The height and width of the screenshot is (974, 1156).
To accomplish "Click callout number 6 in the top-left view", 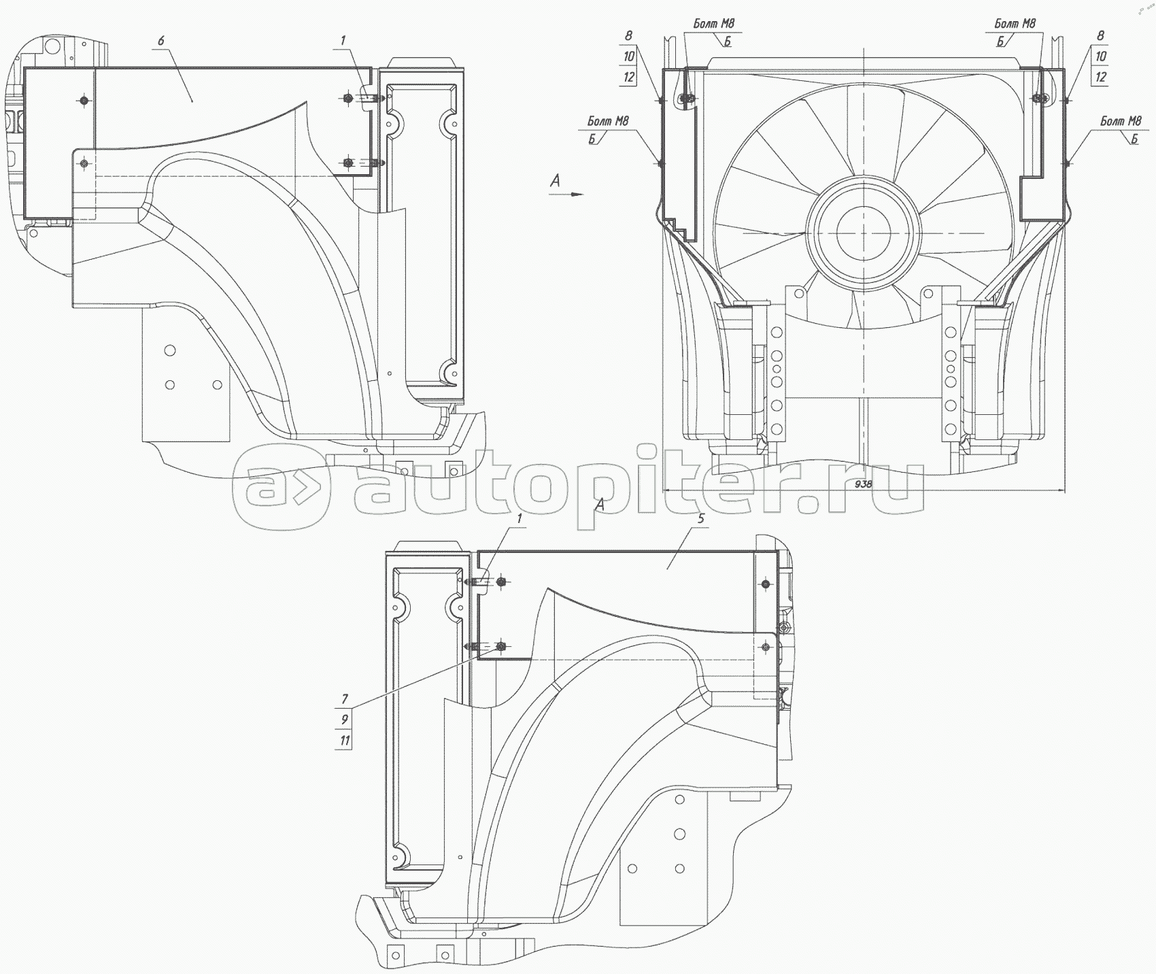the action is pos(161,41).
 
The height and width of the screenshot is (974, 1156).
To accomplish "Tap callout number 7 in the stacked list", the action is pos(345,699).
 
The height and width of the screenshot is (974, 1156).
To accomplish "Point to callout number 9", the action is pos(345,720).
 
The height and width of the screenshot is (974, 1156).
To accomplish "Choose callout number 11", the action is pos(345,741).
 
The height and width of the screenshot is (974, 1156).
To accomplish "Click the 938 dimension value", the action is pos(863,484).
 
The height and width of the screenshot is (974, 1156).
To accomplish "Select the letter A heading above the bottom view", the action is pos(600,505).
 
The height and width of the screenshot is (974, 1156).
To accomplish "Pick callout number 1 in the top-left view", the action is pos(343,41).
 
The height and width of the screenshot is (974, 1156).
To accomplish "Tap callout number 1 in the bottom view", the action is pos(520,518).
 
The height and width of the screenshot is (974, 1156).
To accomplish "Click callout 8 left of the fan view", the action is pos(628,35).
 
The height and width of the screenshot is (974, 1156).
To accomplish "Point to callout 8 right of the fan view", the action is pos(1101,35).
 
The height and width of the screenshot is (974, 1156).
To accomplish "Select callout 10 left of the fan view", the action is pos(628,56).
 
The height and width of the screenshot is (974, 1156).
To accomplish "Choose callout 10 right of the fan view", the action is pos(1101,56).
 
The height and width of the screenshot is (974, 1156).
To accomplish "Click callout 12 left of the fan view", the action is pos(628,78).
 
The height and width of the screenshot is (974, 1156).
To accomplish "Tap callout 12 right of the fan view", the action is pos(1101,78).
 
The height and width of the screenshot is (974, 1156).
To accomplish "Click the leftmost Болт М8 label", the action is pos(609,121).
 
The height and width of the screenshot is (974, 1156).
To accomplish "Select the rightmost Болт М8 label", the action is pos(1121,121).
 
